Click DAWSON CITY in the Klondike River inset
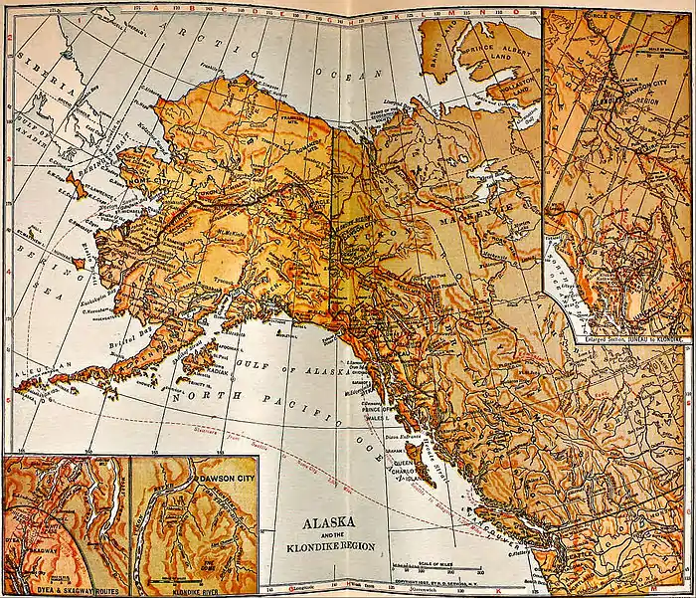[222, 482]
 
